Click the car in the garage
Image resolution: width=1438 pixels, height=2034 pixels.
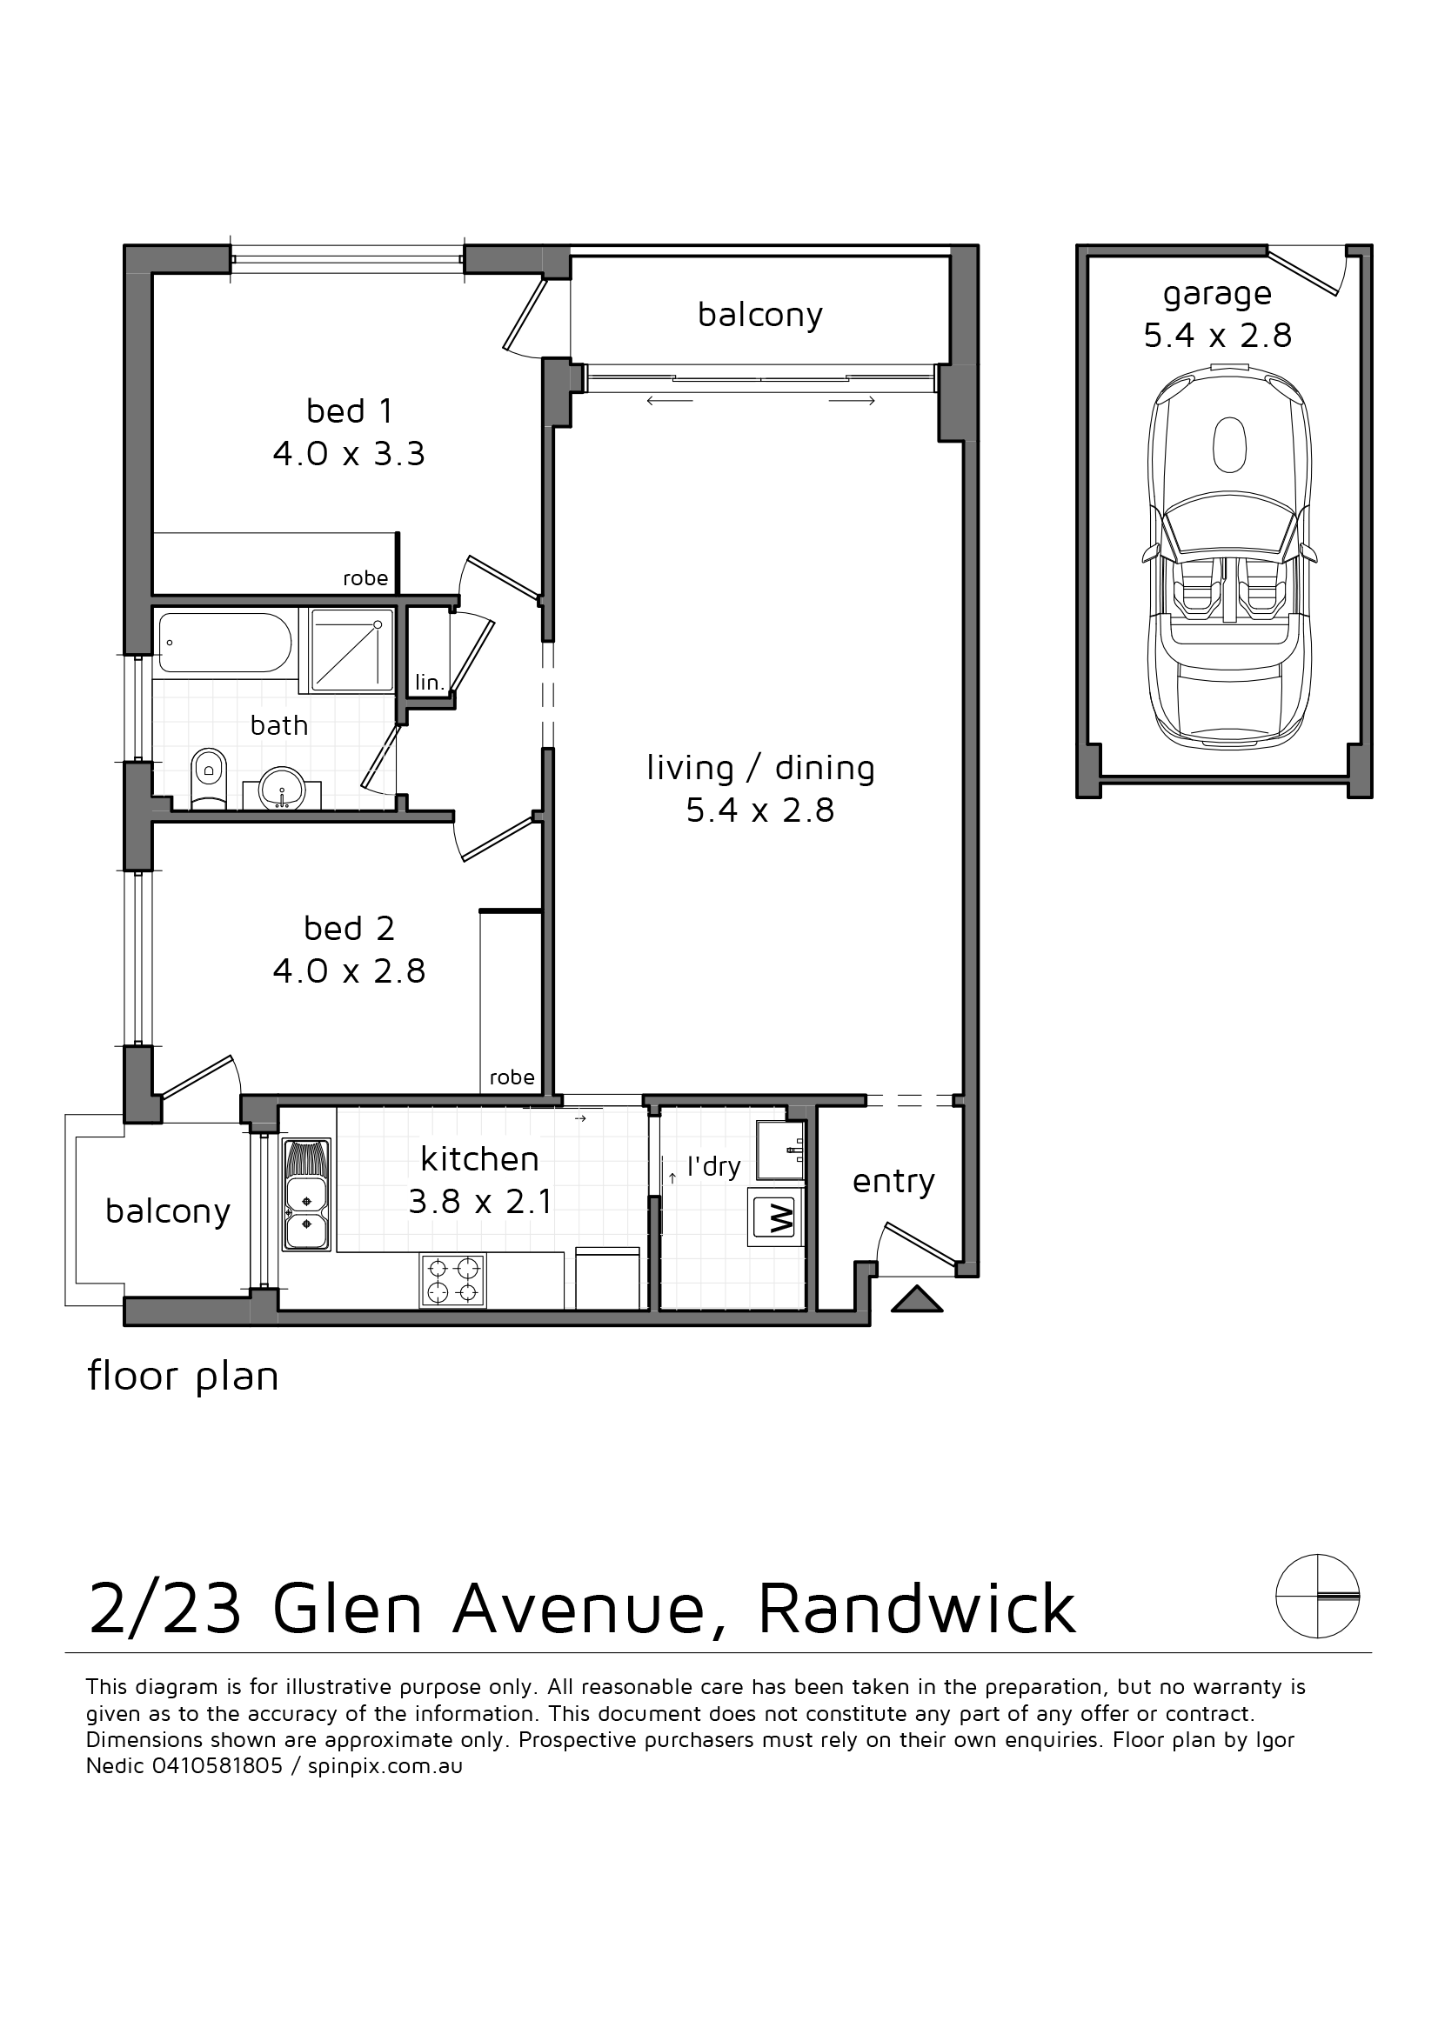pyautogui.click(x=1230, y=559)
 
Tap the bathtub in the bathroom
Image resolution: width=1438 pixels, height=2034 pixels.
pyautogui.click(x=224, y=643)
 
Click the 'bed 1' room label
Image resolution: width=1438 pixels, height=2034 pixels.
pyautogui.click(x=349, y=411)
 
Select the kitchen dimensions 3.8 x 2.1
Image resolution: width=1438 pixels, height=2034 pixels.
pyautogui.click(x=480, y=1201)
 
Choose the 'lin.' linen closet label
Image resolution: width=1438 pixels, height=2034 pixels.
pyautogui.click(x=429, y=682)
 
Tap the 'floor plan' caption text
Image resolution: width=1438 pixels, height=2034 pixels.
pyautogui.click(x=184, y=1377)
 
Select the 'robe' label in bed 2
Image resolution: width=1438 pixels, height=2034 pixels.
pyautogui.click(x=512, y=1077)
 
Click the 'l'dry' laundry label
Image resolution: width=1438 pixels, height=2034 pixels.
pyautogui.click(x=713, y=1167)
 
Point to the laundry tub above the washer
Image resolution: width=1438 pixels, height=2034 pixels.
pyautogui.click(x=780, y=1150)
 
